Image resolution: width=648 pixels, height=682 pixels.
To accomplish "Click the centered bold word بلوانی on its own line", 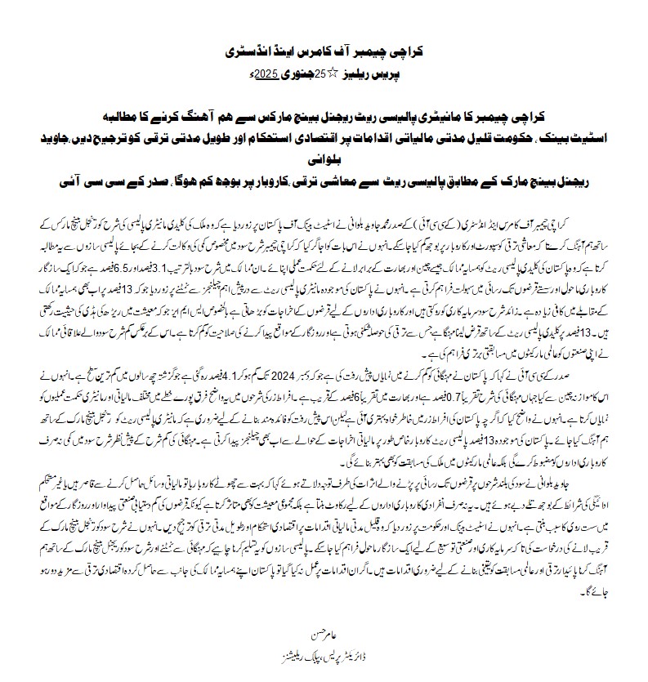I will (323, 163).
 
